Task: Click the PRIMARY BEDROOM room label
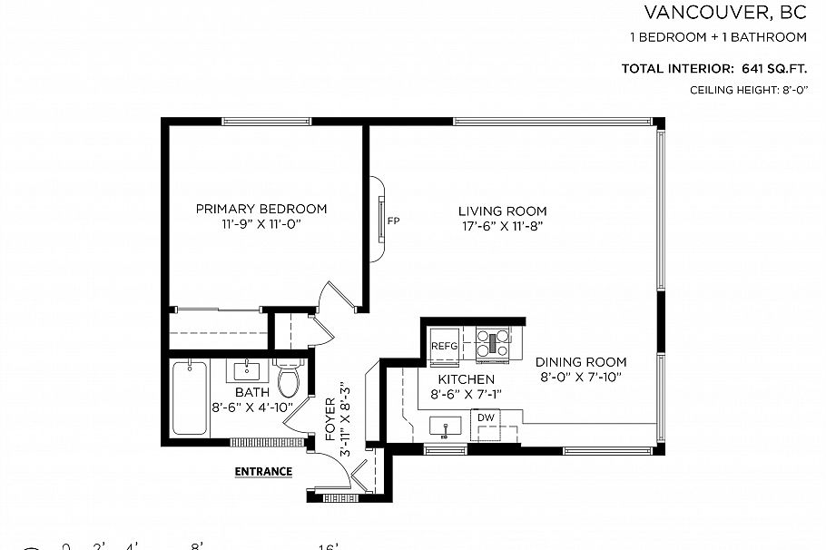(261, 209)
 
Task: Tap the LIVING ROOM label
(502, 211)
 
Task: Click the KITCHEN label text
(466, 379)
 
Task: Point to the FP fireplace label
(393, 221)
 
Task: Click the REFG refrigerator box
(445, 346)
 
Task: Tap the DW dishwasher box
(486, 418)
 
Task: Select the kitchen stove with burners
(494, 342)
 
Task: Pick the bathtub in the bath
(189, 398)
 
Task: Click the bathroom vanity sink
(245, 371)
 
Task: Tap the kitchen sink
(445, 425)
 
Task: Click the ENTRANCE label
(263, 471)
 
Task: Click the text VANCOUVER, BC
(725, 12)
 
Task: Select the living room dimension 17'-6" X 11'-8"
(502, 226)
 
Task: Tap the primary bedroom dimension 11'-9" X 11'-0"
(261, 223)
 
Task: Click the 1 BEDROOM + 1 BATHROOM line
(718, 37)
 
